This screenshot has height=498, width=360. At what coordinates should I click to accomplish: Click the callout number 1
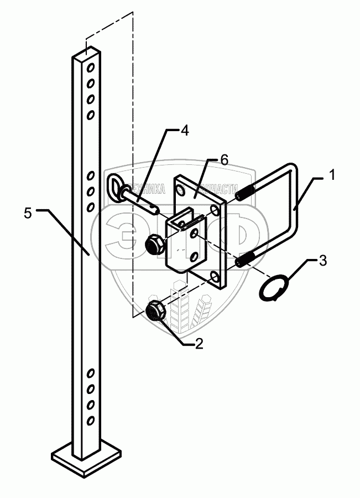[332, 176]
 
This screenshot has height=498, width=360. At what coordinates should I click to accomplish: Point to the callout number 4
[184, 131]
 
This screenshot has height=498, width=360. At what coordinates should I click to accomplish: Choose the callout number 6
[223, 160]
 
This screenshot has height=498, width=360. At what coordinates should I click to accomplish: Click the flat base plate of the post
[85, 458]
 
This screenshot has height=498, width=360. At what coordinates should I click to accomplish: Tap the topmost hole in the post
[91, 69]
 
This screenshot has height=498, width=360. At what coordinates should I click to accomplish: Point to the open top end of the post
[87, 54]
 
